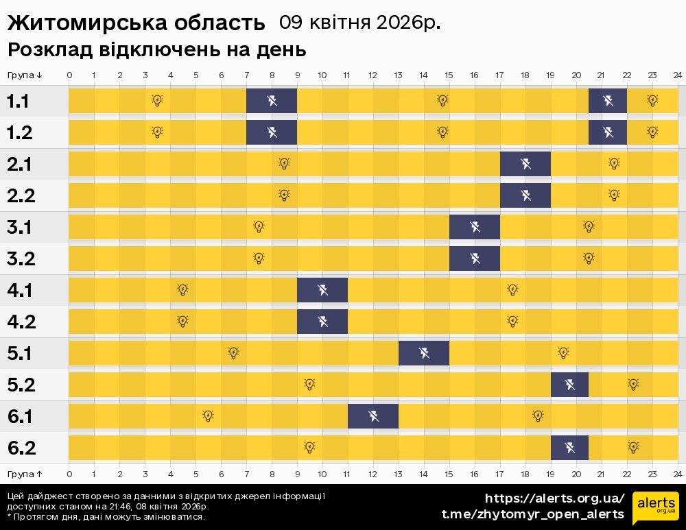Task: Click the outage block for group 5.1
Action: click(424, 353)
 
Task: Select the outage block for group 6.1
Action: click(373, 416)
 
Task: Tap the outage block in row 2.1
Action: click(525, 164)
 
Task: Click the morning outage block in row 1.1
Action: click(272, 101)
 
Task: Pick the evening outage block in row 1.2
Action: click(608, 132)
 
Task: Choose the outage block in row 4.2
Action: click(322, 322)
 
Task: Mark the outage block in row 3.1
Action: click(475, 227)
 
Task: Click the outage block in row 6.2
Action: click(569, 448)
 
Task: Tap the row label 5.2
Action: click(21, 385)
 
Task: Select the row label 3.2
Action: click(21, 258)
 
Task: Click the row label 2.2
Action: click(21, 195)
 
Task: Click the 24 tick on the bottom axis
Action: click(677, 474)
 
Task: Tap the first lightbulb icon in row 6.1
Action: click(208, 416)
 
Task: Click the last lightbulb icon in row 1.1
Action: click(652, 101)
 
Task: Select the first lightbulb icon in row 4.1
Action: click(182, 290)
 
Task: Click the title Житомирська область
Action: click(136, 23)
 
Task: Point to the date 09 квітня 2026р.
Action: click(359, 23)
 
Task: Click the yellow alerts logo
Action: click(655, 508)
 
